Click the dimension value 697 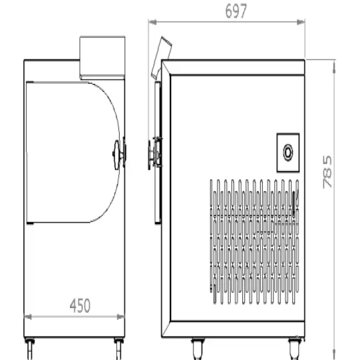(236, 11)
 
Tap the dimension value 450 (80, 305)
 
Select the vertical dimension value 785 (327, 172)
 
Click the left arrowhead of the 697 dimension (153, 22)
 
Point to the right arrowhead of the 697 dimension (301, 22)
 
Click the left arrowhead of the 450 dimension (28, 317)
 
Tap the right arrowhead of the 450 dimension (120, 317)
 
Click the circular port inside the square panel (288, 152)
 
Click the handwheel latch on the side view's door (155, 153)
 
